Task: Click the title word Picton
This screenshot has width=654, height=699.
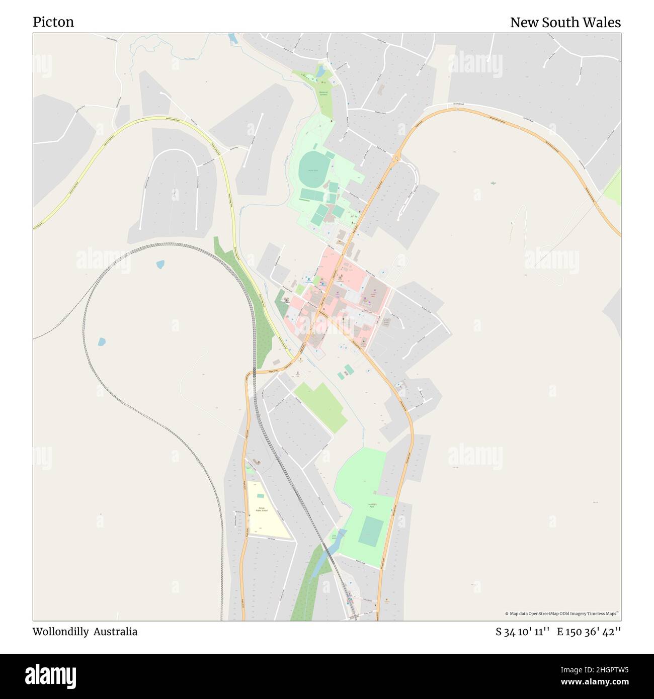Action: (x=53, y=22)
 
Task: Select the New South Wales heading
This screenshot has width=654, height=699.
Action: (x=565, y=23)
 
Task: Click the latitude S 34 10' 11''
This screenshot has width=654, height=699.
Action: (x=522, y=632)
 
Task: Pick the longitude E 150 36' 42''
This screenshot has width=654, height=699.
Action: (x=589, y=632)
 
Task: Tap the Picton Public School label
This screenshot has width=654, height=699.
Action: (x=262, y=509)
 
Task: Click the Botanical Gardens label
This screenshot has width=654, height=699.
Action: (x=323, y=94)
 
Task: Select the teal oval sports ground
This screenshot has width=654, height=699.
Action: (x=314, y=168)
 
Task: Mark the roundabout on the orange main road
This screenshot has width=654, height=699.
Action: (x=397, y=159)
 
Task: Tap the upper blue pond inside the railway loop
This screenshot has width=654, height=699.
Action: (x=160, y=264)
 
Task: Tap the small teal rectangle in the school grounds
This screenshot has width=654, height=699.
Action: (x=250, y=470)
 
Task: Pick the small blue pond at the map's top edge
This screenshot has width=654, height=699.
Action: (x=232, y=38)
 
